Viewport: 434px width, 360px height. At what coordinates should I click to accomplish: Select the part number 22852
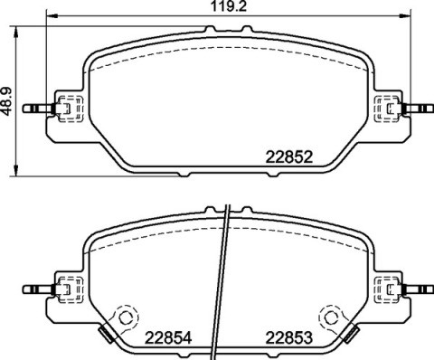[289, 156]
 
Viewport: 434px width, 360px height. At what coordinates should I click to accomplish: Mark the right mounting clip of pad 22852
[391, 109]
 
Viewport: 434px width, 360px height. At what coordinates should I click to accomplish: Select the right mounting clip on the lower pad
[391, 289]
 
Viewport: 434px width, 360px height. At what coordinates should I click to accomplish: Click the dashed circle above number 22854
[124, 317]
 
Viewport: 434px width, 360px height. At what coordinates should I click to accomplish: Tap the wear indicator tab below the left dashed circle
[106, 336]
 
